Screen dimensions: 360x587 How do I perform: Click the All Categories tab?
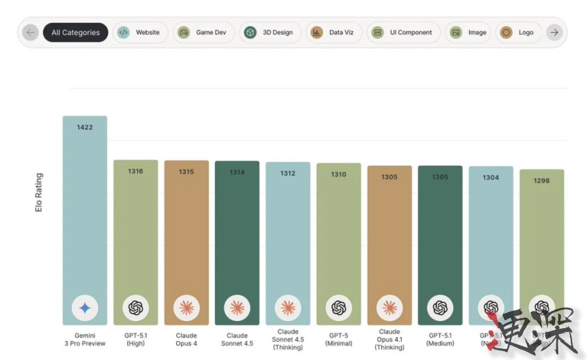[x=76, y=33]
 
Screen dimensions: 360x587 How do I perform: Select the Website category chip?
[x=141, y=33]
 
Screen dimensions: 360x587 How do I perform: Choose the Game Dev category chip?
[x=203, y=33]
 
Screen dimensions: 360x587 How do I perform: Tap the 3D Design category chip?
[x=270, y=33]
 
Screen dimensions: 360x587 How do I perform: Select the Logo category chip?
[x=518, y=33]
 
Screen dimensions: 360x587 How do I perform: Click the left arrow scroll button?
[x=30, y=33]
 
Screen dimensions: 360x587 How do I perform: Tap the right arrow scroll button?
[x=554, y=33]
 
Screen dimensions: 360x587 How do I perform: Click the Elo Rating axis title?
[x=39, y=194]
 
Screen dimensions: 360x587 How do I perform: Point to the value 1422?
[x=85, y=127]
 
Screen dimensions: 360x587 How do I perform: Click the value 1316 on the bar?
[x=136, y=172]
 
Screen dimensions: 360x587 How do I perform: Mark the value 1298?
[x=541, y=181]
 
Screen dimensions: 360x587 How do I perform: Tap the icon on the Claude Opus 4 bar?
[x=187, y=307]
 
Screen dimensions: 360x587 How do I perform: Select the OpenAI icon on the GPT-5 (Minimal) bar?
[x=339, y=307]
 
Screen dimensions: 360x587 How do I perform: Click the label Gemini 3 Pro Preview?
[x=85, y=340]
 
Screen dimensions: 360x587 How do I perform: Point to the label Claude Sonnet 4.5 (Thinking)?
[x=288, y=339]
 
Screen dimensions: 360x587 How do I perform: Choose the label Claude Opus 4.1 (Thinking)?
[x=389, y=339]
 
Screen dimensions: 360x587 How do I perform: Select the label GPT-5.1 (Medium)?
[x=440, y=340]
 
